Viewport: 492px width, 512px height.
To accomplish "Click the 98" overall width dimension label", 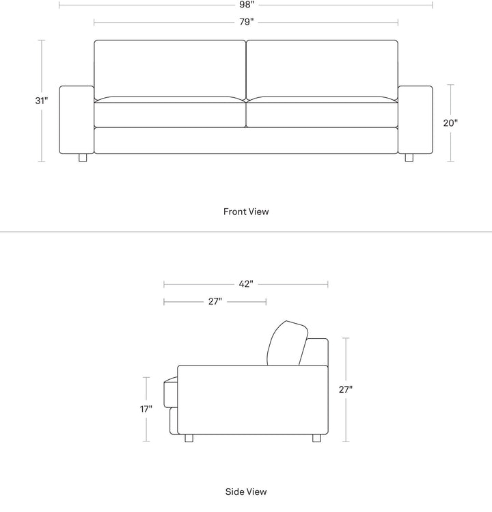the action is pyautogui.click(x=246, y=5).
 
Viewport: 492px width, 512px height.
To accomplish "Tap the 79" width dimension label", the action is pyautogui.click(x=247, y=22).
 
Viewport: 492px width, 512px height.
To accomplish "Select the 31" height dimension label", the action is pyautogui.click(x=42, y=101).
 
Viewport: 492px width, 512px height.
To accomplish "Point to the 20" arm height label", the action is pyautogui.click(x=450, y=123).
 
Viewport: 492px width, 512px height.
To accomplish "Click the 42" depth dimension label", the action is pyautogui.click(x=246, y=284).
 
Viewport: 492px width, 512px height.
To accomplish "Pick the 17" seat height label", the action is pyautogui.click(x=146, y=409).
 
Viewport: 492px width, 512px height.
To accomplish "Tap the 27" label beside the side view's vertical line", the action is pyautogui.click(x=346, y=389).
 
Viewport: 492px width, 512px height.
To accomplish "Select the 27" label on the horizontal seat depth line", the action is pyautogui.click(x=215, y=301).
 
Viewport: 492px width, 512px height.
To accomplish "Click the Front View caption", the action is pyautogui.click(x=246, y=212).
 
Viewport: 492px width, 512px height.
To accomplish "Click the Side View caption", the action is pyautogui.click(x=246, y=491).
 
